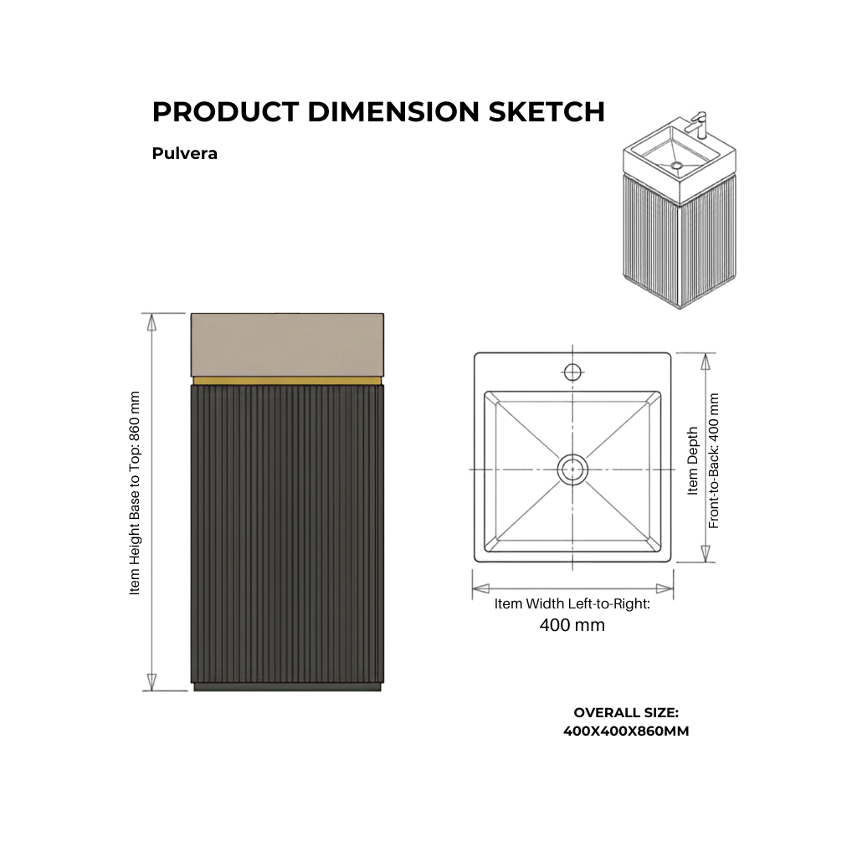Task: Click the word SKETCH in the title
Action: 546,111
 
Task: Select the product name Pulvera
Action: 185,154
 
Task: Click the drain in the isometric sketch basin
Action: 676,165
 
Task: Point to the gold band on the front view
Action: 288,381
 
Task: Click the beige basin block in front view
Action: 288,345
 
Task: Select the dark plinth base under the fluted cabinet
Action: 288,687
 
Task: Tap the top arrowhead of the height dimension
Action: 152,322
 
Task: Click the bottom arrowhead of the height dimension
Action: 152,681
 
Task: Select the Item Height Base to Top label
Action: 135,493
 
